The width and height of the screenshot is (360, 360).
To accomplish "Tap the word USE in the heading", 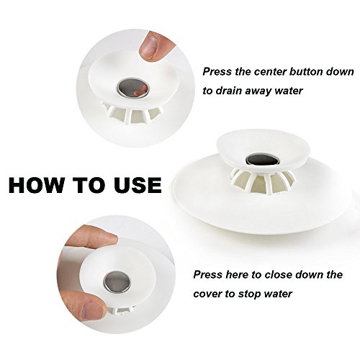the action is pos(138,185).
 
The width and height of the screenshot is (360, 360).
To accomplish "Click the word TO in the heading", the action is pos(88,185).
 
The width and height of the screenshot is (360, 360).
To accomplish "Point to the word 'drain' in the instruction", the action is pos(230,91).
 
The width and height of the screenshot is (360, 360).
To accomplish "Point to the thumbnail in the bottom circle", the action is pos(92,309).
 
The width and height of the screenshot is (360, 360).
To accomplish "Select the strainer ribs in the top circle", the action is pos(132,112).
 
